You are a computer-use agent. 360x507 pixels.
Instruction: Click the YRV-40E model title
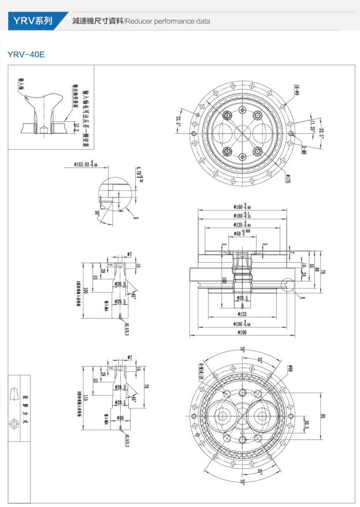(x=26, y=55)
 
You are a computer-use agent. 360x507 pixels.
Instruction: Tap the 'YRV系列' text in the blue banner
(x=33, y=21)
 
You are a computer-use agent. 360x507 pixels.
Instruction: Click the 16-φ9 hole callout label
(x=295, y=90)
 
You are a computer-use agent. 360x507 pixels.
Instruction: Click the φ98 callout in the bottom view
(x=290, y=368)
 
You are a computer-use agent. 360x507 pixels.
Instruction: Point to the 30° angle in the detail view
(x=98, y=213)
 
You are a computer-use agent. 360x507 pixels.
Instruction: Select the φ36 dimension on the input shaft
(x=120, y=417)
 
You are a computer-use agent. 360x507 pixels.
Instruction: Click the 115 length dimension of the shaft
(x=85, y=398)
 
